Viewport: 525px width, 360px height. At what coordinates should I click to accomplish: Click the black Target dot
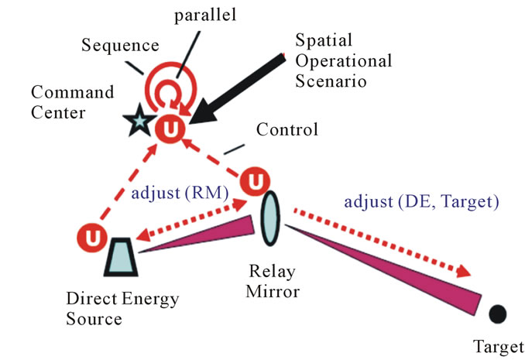click(x=497, y=314)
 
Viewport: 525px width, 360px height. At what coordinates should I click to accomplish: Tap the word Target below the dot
click(x=499, y=348)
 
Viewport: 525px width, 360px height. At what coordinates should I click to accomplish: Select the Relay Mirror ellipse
click(x=270, y=218)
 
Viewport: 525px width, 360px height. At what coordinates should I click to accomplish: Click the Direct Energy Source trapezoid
click(x=121, y=256)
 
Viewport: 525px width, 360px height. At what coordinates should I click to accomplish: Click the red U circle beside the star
click(x=170, y=129)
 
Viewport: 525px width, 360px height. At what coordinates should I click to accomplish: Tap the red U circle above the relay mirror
click(x=255, y=181)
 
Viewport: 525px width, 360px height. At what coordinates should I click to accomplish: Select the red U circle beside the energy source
click(x=92, y=238)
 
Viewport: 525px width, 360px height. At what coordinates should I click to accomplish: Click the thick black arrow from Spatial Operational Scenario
click(x=236, y=89)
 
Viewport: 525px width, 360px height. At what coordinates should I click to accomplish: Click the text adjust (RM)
click(x=180, y=194)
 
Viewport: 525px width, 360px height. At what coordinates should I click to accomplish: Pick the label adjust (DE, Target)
click(x=421, y=202)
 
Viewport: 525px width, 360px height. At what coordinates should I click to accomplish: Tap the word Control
click(x=287, y=129)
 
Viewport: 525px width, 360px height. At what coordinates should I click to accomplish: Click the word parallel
click(x=205, y=15)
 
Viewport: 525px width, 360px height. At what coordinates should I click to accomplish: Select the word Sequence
click(x=120, y=45)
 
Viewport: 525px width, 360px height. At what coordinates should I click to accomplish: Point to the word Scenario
click(x=331, y=81)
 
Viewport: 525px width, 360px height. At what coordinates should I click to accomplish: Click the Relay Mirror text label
click(x=273, y=281)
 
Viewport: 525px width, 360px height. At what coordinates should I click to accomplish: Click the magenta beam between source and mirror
click(x=196, y=234)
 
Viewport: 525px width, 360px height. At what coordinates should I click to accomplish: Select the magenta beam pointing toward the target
click(x=383, y=270)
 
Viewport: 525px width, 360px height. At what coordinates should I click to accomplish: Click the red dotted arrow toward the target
click(x=383, y=242)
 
